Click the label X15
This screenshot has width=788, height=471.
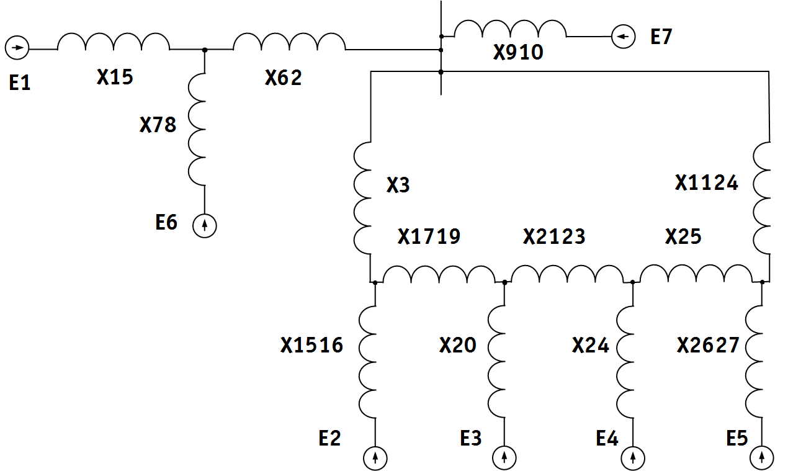115,77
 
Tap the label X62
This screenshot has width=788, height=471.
283,78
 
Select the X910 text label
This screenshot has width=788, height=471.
518,52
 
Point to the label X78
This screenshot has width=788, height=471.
158,125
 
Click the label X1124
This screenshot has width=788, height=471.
706,183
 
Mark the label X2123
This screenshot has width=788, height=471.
554,236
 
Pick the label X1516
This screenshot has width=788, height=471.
311,345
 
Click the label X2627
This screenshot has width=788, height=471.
708,345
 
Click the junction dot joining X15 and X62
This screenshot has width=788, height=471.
205,50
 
